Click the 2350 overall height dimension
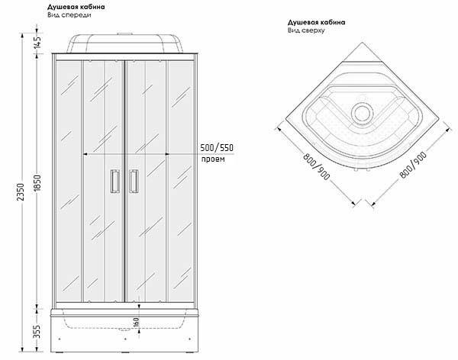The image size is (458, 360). [x=21, y=192]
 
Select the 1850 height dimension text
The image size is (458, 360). [x=37, y=183]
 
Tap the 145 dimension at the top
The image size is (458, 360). [x=37, y=42]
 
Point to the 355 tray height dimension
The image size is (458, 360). [x=37, y=332]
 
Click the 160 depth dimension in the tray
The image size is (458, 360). [x=136, y=323]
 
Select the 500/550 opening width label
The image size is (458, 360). [x=217, y=148]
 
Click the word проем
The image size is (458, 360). [x=213, y=159]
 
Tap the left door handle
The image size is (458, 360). [x=114, y=182]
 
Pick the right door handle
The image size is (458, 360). [x=134, y=182]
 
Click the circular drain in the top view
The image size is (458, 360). [x=363, y=113]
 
